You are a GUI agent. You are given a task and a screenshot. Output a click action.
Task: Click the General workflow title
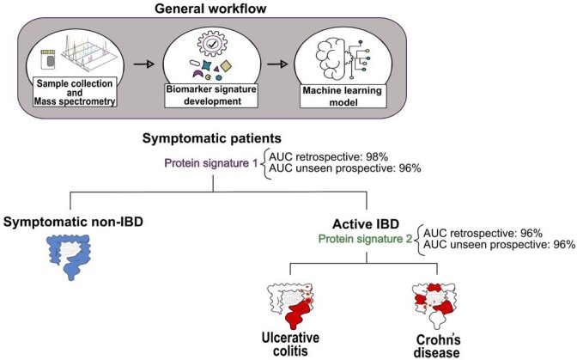tap(210, 9)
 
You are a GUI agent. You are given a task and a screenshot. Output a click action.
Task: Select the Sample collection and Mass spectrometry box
tap(75, 92)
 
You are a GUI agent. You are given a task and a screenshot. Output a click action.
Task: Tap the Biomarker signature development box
tap(211, 95)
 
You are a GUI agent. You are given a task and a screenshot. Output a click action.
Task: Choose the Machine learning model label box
tap(343, 96)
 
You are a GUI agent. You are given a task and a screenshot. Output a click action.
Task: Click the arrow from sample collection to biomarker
tap(143, 64)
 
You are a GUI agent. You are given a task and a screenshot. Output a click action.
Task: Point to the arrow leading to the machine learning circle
tap(277, 64)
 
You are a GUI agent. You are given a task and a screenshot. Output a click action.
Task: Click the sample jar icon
tap(48, 59)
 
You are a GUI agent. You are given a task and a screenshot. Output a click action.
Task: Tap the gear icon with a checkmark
tap(211, 44)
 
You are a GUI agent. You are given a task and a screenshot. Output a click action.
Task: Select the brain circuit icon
tap(343, 58)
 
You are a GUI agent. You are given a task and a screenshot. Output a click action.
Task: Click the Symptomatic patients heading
tap(212, 138)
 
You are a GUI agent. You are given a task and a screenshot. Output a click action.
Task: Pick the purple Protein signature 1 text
tap(211, 163)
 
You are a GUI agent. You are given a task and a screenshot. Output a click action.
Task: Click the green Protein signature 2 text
tap(365, 239)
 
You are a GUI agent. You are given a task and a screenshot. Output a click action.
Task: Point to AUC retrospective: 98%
tap(329, 157)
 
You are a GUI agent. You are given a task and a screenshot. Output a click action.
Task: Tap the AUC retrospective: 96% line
tap(483, 234)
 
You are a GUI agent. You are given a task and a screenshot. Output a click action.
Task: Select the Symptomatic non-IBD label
tap(73, 222)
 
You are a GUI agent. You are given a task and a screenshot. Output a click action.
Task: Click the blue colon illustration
tap(69, 257)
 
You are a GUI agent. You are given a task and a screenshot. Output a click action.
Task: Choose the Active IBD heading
tap(366, 224)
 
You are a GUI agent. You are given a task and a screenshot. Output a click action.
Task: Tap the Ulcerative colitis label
tap(290, 345)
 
